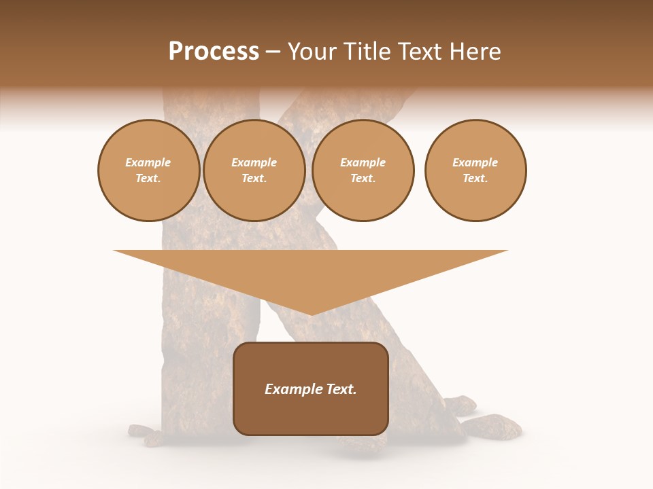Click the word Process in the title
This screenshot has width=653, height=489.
pos(214,52)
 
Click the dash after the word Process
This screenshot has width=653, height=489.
pos(273,52)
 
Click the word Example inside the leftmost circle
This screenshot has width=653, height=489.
pos(148,162)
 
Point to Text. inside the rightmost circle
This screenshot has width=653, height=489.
pos(475,178)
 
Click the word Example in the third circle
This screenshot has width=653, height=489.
pos(363,162)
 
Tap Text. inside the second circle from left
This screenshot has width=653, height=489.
pos(254,178)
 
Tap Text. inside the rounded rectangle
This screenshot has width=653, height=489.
pos(340,389)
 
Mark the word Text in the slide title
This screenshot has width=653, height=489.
pos(420,52)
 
